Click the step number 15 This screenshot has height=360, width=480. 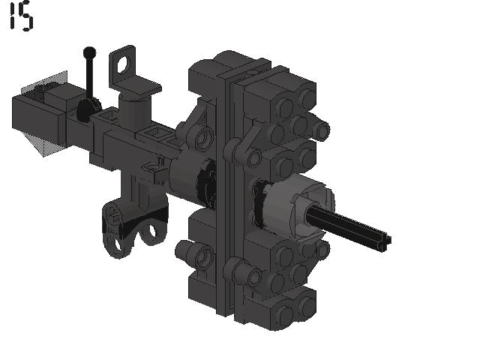[x=22, y=16]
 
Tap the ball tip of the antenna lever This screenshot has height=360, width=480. [x=89, y=52]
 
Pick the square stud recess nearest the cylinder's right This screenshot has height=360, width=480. [x=157, y=133]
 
